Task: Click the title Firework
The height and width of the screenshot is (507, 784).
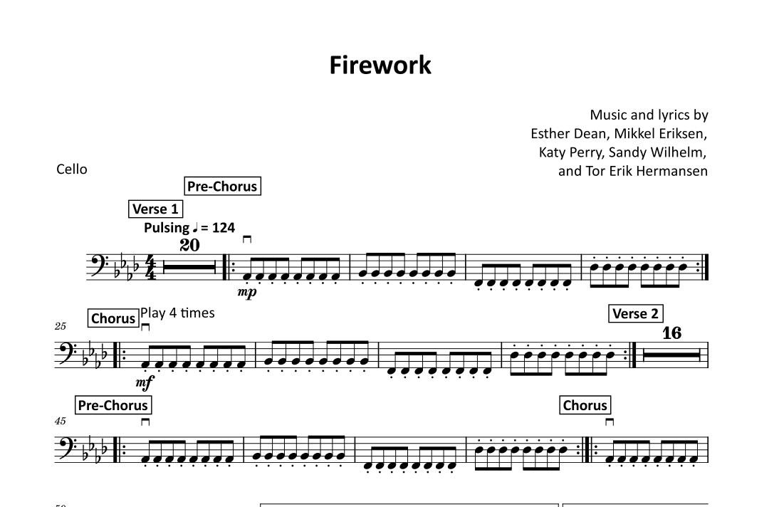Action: (x=380, y=65)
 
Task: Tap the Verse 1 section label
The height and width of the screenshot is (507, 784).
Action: (x=155, y=209)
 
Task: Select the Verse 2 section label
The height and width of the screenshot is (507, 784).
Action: (x=635, y=313)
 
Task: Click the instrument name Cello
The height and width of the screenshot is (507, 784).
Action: (x=72, y=169)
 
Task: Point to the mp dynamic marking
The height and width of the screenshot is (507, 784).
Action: (x=248, y=293)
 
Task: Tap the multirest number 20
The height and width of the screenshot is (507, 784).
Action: (x=189, y=246)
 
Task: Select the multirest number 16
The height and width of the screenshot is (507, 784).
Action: (x=671, y=333)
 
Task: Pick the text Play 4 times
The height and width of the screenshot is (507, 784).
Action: (x=177, y=313)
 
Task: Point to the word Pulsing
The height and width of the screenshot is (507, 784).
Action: (x=167, y=228)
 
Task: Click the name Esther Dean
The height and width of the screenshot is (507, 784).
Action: (x=565, y=133)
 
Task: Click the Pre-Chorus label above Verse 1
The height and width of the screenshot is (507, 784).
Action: (x=221, y=187)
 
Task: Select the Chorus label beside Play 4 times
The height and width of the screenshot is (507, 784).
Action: (x=113, y=318)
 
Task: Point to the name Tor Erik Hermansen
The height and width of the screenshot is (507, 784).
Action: (x=647, y=170)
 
